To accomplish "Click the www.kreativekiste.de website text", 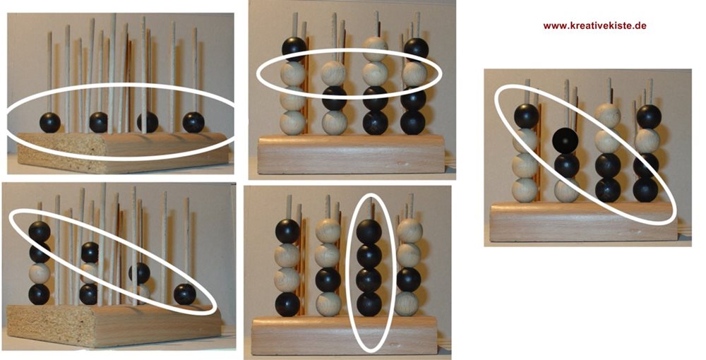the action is [594, 25].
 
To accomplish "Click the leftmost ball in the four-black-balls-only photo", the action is [50, 122].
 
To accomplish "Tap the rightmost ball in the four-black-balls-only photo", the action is [193, 122].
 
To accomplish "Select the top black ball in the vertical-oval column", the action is [369, 232].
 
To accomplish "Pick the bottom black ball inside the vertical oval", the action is [369, 304].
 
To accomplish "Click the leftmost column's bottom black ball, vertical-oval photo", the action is [287, 304].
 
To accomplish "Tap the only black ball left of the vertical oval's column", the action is [328, 280].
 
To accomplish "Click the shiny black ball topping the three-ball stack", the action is [566, 141].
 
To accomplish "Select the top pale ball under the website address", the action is [607, 116].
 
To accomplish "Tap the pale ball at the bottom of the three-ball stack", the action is [566, 190].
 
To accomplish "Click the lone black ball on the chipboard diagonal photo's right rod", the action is [184, 294].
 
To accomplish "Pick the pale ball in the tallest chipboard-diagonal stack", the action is [40, 273].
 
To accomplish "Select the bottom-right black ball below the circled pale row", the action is [413, 122].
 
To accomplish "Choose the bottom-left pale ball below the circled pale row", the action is [293, 122].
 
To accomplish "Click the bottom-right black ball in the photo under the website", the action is [645, 190].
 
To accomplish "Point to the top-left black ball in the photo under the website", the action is [527, 116].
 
